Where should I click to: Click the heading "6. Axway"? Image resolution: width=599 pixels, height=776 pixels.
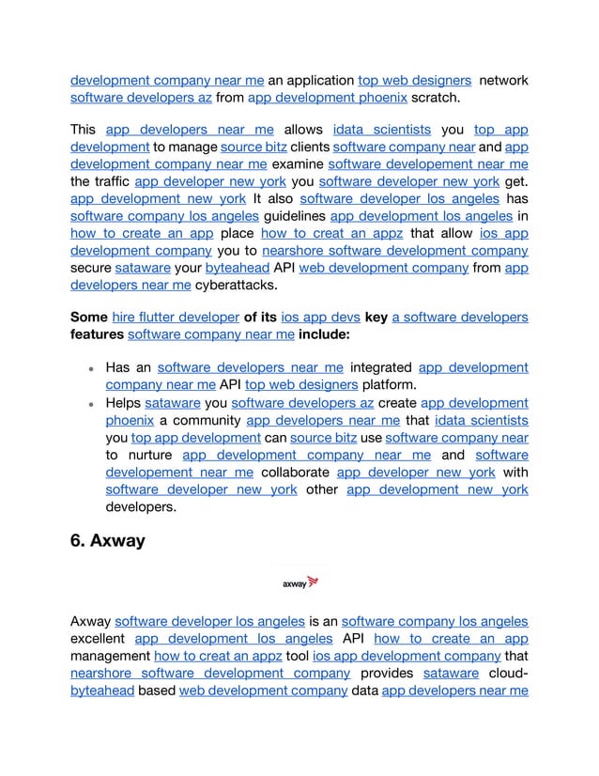coord(107,541)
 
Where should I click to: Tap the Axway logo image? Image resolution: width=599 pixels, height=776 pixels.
coord(300,582)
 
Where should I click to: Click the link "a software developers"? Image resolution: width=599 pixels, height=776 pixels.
coord(459,318)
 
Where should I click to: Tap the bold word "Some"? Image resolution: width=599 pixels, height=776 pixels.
coord(88,318)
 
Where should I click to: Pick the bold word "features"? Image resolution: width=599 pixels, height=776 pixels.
coord(97,334)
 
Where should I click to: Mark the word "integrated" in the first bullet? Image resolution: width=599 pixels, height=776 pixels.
coord(380,367)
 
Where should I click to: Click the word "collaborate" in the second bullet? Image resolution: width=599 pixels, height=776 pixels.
coord(295,473)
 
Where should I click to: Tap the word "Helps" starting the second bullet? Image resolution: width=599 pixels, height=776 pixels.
coord(123,403)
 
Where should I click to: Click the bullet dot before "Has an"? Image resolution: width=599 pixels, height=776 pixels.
coord(93,369)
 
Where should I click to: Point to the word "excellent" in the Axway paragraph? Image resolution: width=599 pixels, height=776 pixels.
coord(99,639)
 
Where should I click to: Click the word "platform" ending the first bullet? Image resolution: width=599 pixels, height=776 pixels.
coord(391,384)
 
